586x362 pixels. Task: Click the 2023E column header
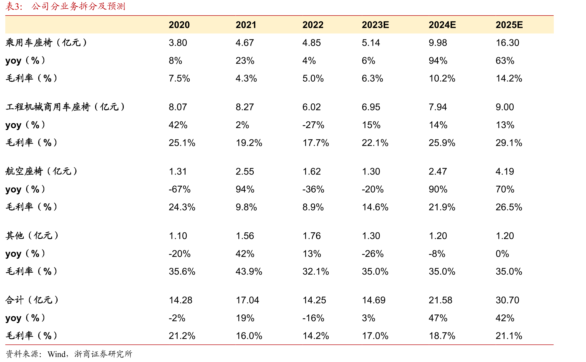point(375,25)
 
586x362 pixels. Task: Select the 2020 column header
point(179,25)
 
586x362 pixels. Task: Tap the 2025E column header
point(509,25)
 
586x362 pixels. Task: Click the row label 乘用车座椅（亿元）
point(46,43)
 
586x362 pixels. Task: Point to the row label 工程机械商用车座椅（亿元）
point(65,107)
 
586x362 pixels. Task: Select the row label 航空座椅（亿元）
point(41,171)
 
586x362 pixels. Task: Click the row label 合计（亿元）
point(32,300)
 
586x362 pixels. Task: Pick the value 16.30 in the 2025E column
point(507,43)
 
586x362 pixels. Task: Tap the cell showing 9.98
point(438,43)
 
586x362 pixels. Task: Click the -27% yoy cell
point(313,125)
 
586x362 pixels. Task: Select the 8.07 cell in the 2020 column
point(178,107)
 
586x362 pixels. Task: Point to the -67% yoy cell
point(180,189)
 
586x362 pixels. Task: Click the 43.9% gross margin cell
point(249,271)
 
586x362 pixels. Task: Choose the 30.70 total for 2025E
point(507,300)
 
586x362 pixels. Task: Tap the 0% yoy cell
point(502,254)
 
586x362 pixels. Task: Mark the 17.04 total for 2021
point(247,300)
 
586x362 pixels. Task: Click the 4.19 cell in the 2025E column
point(505,171)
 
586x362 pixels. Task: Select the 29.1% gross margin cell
point(509,143)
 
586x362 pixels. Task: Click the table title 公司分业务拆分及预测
point(78,6)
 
